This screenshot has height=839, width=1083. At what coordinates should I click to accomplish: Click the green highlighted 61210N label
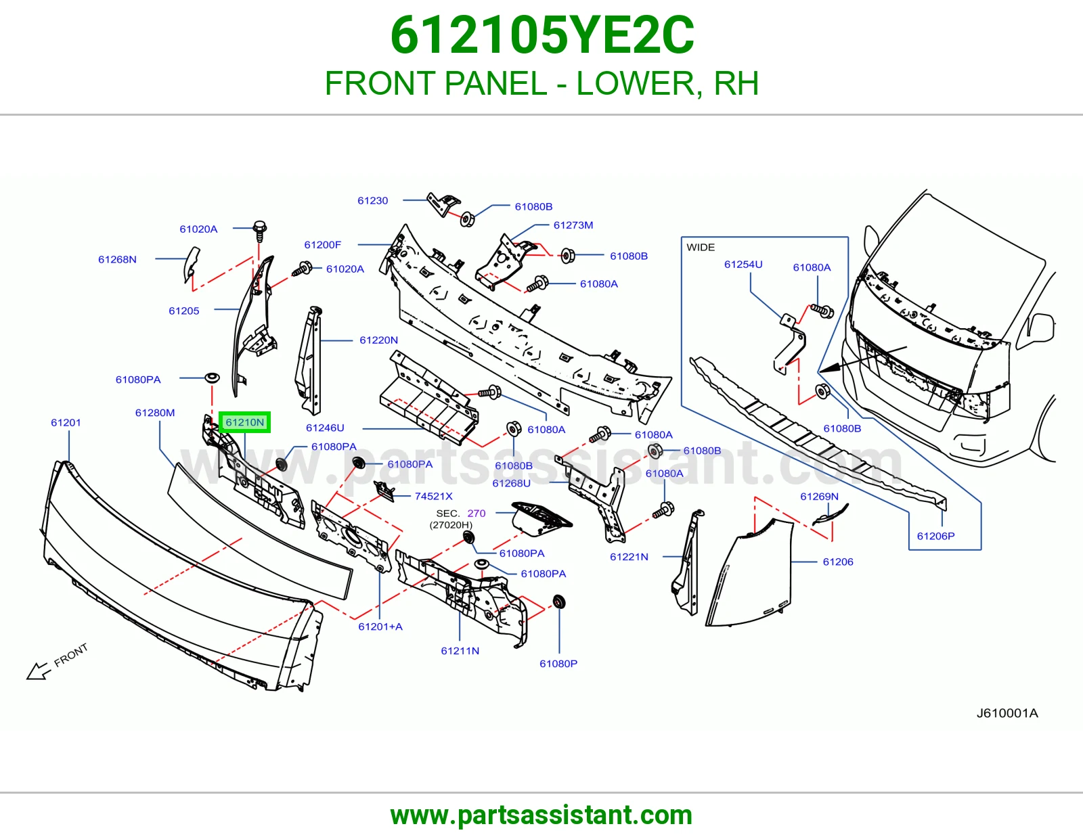pos(245,422)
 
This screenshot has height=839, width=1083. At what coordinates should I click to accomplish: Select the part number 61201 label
pos(66,422)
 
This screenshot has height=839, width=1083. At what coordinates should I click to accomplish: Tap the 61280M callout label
pos(155,413)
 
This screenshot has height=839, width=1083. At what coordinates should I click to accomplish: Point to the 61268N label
pos(117,259)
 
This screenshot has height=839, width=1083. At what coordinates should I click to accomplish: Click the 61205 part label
pos(184,311)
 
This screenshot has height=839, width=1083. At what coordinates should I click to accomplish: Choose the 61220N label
pos(379,340)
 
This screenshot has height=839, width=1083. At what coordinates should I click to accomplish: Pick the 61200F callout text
pos(323,245)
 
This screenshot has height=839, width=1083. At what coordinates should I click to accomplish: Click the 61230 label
pos(373,200)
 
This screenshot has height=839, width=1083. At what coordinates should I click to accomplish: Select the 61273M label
pos(573,225)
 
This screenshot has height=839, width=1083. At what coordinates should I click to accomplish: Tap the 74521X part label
pos(434,496)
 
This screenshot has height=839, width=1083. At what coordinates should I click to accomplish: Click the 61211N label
pos(460,651)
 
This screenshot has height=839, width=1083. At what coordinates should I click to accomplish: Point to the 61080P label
pos(558,664)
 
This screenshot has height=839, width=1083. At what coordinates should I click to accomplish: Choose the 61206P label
pos(936,536)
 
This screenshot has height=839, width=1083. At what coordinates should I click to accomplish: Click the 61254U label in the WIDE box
pos(743,264)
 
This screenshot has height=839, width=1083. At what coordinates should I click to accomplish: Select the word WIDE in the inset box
pos(701,247)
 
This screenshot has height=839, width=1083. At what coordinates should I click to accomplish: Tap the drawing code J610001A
pos(1007,713)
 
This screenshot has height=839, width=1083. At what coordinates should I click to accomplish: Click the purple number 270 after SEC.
pos(477,513)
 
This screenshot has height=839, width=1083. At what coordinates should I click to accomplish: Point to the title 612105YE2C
pos(542,35)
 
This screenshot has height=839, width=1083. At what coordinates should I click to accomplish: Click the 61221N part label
pos(629,556)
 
